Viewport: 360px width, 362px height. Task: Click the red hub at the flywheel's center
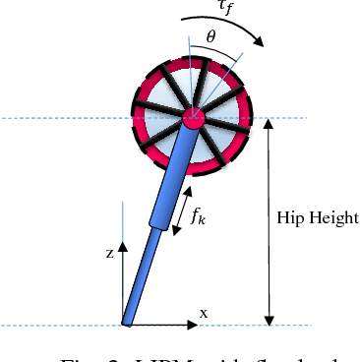(x=192, y=119)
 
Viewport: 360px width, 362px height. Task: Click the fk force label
(x=199, y=217)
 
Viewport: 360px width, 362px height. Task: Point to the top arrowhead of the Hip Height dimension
(x=269, y=124)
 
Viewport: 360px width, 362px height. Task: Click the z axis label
(x=109, y=253)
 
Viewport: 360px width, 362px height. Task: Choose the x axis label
(x=204, y=312)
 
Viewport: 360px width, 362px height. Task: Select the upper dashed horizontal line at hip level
(x=59, y=119)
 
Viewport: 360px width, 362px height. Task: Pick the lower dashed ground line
(x=59, y=325)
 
